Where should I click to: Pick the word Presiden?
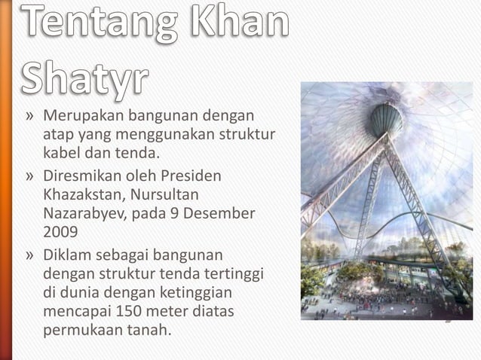[191, 176]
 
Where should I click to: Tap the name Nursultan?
[175, 195]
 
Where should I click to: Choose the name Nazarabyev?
[84, 214]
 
